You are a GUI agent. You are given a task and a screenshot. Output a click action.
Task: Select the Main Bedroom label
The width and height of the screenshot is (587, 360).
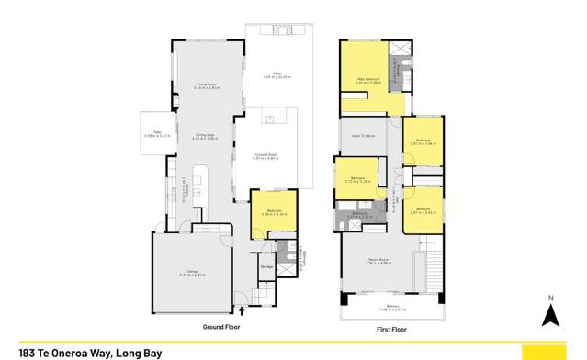tap(369, 80)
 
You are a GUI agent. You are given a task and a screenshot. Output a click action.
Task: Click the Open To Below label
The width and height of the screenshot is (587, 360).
tap(363, 135)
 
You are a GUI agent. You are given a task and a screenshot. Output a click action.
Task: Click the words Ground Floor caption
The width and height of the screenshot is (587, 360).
tap(220, 326)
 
